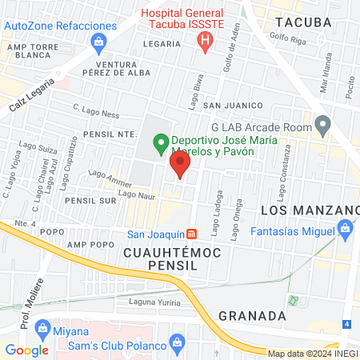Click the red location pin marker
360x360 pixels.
click(180, 166)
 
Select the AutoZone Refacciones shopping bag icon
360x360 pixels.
click(98, 41)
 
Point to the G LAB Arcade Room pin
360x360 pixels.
click(322, 125)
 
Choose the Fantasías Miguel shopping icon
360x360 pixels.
click(345, 230)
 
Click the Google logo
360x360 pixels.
click(26, 350)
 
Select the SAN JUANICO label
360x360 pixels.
click(233, 106)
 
